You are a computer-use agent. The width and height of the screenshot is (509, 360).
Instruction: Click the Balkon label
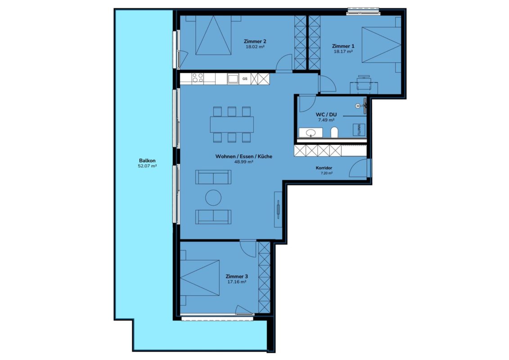click(147, 161)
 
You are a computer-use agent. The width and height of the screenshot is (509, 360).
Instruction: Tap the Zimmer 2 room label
click(255, 41)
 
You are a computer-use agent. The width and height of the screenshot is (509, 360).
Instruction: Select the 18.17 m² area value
click(343, 51)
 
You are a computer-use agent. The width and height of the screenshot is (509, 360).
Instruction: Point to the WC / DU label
click(326, 115)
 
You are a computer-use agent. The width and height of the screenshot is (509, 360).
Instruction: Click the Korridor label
click(324, 168)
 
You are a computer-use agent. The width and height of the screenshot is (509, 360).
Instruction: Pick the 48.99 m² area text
click(244, 162)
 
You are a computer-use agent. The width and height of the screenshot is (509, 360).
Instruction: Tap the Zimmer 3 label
click(237, 277)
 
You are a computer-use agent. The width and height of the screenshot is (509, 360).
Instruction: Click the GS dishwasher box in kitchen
click(245, 79)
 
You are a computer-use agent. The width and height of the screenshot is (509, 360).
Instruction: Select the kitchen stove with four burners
click(198, 78)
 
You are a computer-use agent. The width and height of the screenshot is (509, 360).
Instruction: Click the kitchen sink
click(233, 79)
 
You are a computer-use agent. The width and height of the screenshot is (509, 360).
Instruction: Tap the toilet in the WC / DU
click(334, 132)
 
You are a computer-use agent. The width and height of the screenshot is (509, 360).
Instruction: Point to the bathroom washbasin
click(311, 132)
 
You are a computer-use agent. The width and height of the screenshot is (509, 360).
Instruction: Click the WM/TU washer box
click(359, 130)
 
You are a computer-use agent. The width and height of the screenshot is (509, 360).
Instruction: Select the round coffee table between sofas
click(213, 198)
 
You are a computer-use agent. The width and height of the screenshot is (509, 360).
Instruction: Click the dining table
click(232, 124)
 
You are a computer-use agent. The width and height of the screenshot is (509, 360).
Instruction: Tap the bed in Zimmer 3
click(200, 278)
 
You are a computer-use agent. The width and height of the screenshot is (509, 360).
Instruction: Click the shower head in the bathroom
click(358, 105)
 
